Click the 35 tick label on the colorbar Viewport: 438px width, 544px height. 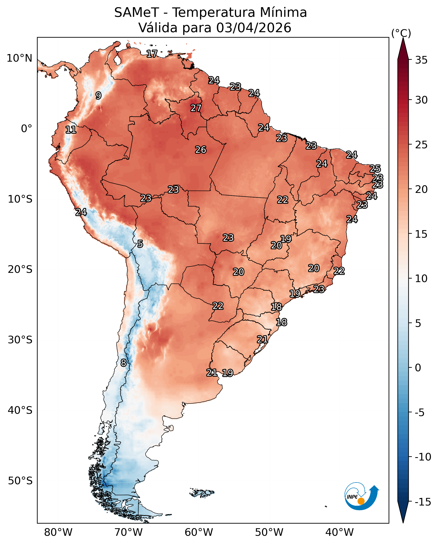click(421, 60)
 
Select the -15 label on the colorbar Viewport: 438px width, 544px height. click(423, 502)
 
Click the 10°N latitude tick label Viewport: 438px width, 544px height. click(19, 58)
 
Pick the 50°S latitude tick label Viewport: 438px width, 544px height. click(20, 481)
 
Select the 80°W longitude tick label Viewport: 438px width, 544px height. click(58, 532)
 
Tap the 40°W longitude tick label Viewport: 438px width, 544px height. click(339, 532)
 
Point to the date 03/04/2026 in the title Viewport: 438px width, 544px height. click(254, 28)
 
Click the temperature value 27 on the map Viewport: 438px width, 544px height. click(196, 108)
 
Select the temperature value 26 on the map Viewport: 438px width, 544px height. click(201, 150)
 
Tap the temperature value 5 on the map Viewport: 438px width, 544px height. click(140, 244)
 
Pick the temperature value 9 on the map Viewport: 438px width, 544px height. click(98, 96)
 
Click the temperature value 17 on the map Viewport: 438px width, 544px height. click(152, 54)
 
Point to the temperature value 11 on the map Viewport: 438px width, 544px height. click(71, 130)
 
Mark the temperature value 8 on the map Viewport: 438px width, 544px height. click(123, 363)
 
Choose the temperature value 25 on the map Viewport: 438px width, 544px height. click(375, 169)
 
